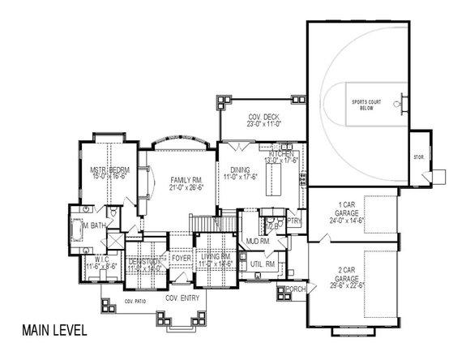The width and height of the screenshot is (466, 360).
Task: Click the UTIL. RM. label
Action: point(264,264)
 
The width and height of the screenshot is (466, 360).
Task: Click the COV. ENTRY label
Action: point(182,298)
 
